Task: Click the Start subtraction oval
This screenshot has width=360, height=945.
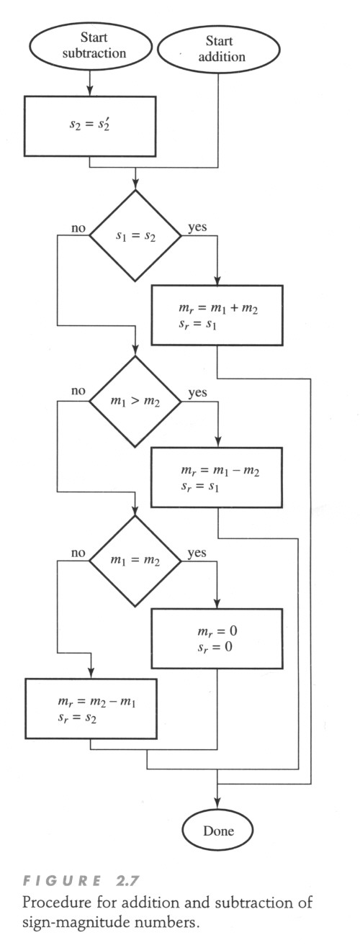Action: [90, 46]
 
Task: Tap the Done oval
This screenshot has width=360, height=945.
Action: [217, 831]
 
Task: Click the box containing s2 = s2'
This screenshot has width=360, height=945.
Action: [90, 126]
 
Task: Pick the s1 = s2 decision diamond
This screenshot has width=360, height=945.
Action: [135, 235]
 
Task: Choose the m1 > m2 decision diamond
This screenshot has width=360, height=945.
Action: [135, 401]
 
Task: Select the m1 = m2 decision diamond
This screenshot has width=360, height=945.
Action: [135, 561]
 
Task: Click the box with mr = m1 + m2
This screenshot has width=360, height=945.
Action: [217, 315]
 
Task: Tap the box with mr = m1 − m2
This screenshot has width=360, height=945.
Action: [217, 477]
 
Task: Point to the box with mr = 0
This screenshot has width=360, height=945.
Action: [217, 638]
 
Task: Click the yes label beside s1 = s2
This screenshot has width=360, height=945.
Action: [197, 227]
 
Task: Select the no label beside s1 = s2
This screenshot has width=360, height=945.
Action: [78, 228]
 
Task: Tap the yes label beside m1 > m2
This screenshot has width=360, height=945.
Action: [197, 392]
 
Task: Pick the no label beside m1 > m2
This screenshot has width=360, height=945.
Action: [78, 391]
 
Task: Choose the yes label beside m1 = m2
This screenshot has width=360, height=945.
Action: [197, 553]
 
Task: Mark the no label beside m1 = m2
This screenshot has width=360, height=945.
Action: [78, 553]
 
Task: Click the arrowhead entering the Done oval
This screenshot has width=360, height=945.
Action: [217, 805]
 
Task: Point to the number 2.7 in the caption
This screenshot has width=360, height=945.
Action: [126, 881]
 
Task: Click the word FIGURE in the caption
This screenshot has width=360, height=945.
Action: [62, 881]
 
